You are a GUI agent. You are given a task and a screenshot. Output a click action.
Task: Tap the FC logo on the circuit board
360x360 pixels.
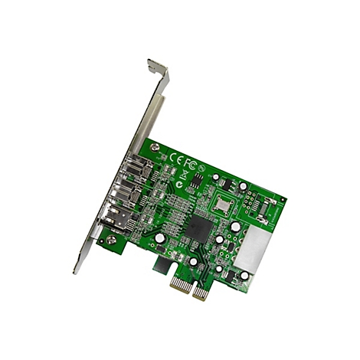191,162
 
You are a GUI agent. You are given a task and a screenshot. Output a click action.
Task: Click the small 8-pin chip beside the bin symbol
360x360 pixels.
196,180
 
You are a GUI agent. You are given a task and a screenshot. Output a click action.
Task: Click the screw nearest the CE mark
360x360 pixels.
155,146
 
